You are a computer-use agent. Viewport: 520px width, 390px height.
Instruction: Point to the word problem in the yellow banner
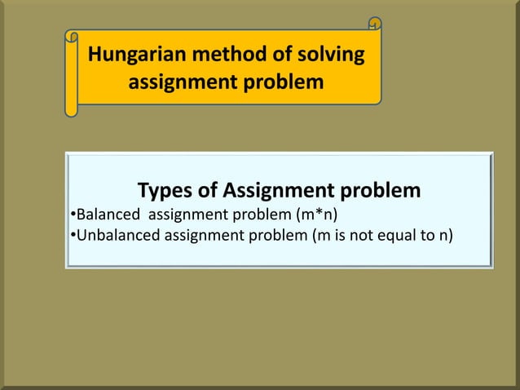(x=281, y=83)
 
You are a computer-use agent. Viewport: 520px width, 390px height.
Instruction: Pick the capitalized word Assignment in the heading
(x=279, y=191)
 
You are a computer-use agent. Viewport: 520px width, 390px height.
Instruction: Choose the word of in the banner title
(x=270, y=56)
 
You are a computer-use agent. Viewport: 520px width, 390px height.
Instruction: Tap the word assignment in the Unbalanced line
(x=201, y=237)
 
